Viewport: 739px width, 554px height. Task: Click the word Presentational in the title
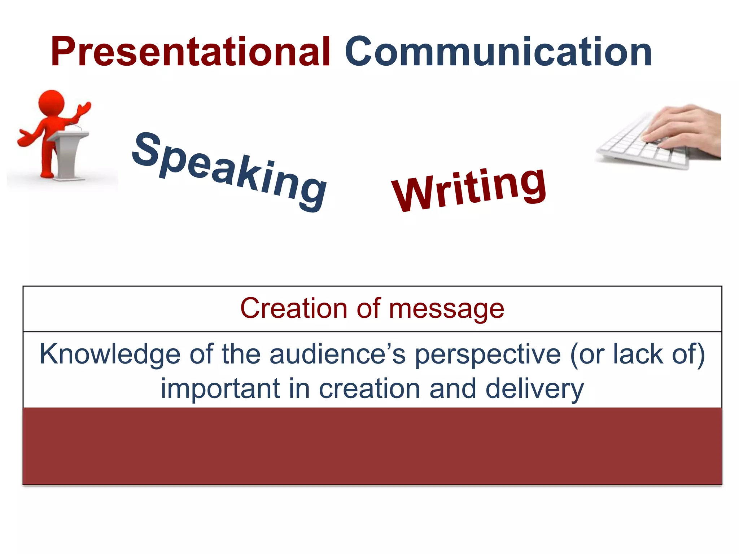[190, 52]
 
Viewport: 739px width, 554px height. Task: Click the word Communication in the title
[498, 52]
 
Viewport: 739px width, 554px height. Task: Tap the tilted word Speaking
[229, 171]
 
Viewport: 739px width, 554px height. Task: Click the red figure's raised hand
[85, 108]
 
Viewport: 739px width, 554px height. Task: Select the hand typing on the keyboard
[682, 128]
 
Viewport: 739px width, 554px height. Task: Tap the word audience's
[337, 354]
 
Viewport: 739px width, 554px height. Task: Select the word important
[220, 389]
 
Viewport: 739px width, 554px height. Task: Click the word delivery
[534, 389]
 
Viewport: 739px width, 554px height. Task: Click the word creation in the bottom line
[369, 389]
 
